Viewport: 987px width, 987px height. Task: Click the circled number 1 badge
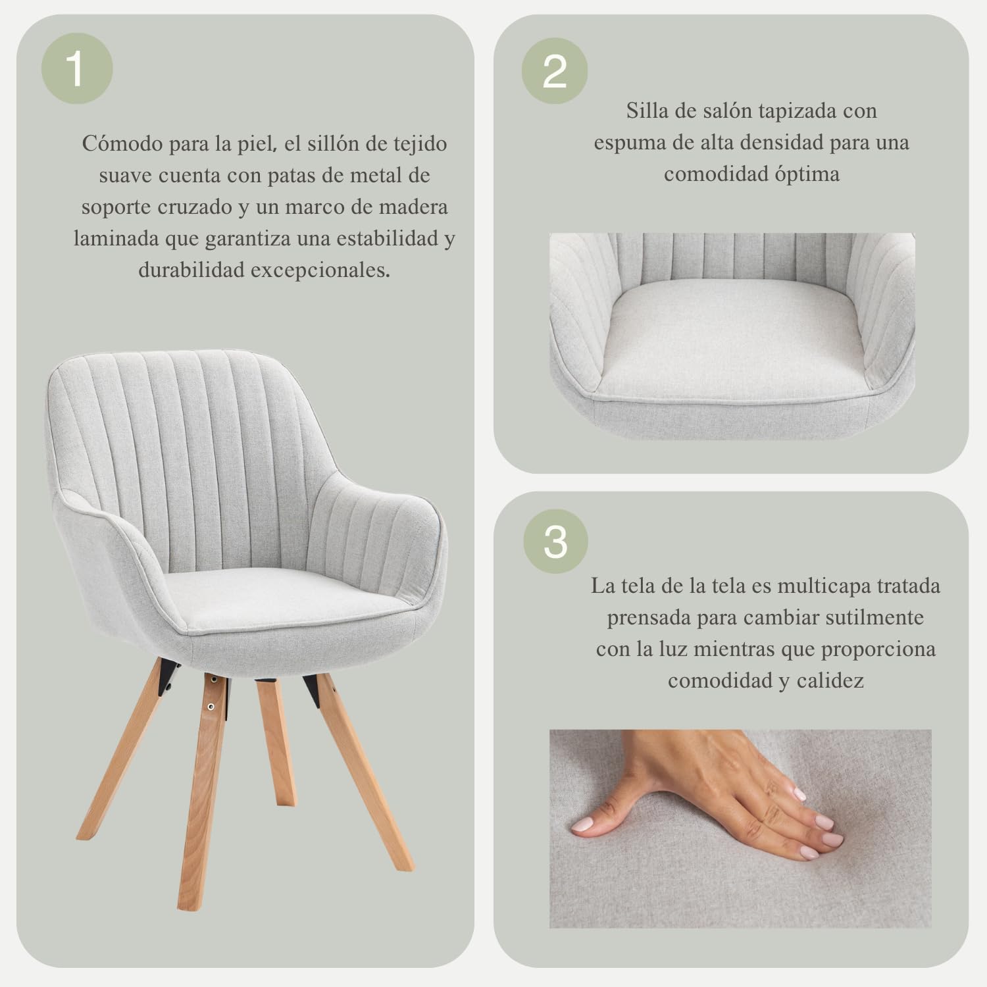click(77, 69)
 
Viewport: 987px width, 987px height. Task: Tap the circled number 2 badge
click(554, 71)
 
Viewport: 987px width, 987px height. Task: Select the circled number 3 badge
click(555, 542)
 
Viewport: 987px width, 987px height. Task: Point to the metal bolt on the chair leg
click(211, 707)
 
